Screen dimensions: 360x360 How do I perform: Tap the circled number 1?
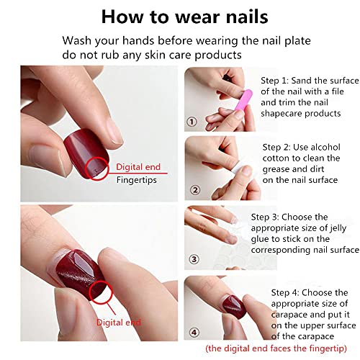pos(192,122)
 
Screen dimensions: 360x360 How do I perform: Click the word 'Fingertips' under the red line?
pos(137,180)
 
